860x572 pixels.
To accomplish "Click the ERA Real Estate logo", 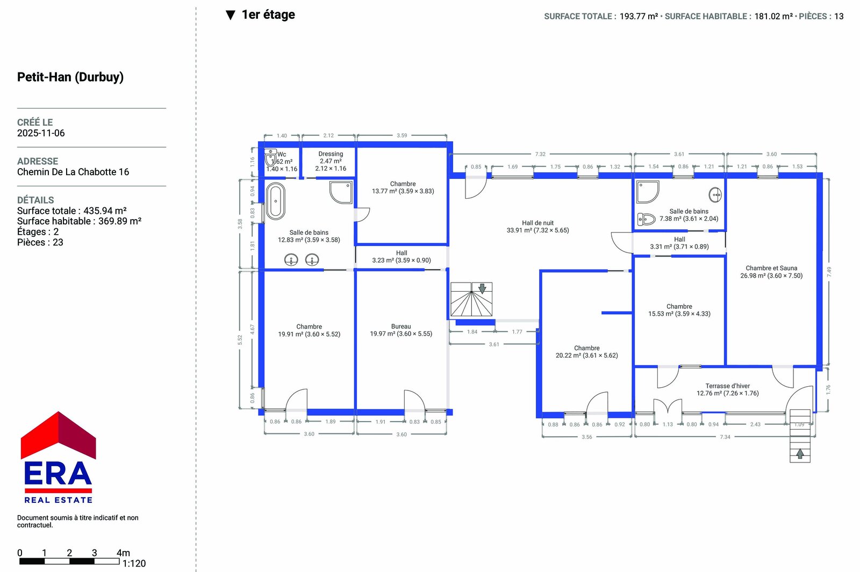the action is (58, 457).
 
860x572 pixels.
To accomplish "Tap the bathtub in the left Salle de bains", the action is (275, 201).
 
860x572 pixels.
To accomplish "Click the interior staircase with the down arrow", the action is (471, 299).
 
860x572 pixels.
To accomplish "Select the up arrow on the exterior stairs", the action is (800, 454).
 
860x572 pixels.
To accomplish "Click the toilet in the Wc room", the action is (271, 158).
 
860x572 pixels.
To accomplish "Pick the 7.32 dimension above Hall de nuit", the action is (540, 154).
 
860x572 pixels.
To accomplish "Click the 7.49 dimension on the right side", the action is (829, 272).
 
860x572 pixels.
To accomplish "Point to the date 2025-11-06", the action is (41, 133).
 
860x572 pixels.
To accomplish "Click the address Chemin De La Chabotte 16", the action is (73, 172).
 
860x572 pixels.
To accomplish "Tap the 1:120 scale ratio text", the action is (134, 563).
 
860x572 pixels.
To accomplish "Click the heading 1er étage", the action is (268, 15).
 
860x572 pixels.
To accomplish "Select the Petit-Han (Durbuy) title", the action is (70, 77).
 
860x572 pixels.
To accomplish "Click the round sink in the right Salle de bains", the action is (715, 194).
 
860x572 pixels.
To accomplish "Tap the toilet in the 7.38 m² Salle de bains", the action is (646, 219).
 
